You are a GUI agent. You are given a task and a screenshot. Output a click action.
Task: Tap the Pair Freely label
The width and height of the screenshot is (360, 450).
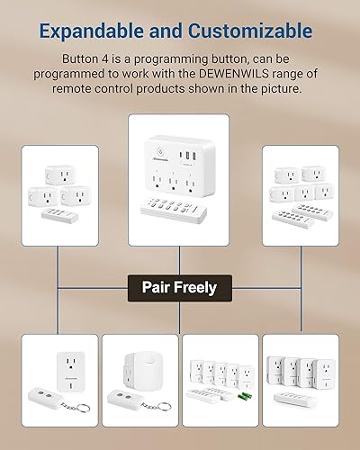pos(179,288)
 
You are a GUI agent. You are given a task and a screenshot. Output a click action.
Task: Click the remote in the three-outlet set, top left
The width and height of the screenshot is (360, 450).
pos(67,215)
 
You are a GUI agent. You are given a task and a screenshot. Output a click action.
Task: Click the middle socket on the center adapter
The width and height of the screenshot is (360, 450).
pos(178,178)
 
